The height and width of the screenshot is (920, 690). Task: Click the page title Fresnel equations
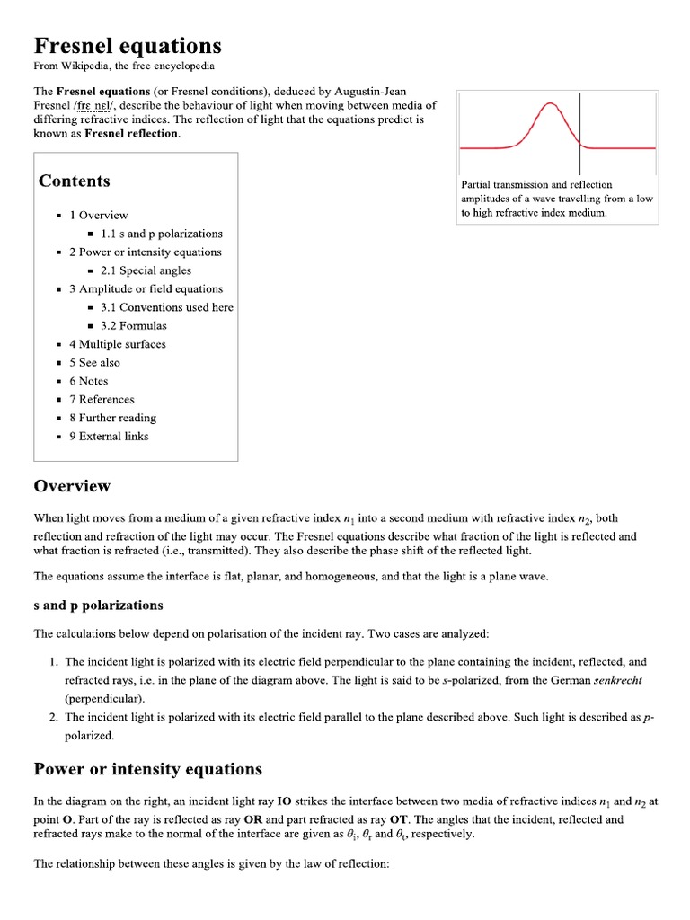[x=128, y=46]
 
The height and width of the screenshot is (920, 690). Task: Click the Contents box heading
[x=75, y=181]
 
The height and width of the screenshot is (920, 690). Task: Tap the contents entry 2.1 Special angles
[x=146, y=270]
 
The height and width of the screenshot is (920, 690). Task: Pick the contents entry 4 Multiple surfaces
[x=118, y=344]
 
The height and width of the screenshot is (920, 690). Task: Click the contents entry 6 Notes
[x=88, y=381]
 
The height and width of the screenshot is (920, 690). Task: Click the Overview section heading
[x=72, y=486]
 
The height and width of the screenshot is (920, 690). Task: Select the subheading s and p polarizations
[x=98, y=605]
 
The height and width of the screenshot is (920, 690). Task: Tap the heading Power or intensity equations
[x=148, y=769]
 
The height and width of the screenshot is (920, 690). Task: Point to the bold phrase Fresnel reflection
[x=132, y=134]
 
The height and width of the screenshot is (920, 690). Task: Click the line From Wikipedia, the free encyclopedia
[x=124, y=66]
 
